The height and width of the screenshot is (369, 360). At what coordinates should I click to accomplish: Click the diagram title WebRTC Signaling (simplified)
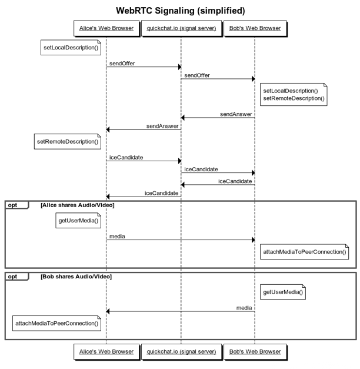(181, 11)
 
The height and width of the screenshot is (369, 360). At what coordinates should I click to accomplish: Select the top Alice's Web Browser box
(106, 28)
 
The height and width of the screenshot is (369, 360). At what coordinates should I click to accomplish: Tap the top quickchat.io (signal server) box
(181, 28)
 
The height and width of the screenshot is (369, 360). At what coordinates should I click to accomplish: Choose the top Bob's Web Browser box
(255, 28)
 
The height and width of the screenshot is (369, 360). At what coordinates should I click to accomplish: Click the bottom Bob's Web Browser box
(255, 352)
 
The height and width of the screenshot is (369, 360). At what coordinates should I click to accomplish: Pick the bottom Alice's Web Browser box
(106, 352)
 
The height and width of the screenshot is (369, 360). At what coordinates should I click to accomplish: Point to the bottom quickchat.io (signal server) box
(181, 352)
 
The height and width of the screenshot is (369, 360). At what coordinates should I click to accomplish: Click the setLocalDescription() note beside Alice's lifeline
(71, 48)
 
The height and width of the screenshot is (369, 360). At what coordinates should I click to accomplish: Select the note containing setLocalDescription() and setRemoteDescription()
(294, 94)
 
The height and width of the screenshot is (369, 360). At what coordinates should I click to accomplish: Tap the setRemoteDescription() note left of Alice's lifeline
(68, 141)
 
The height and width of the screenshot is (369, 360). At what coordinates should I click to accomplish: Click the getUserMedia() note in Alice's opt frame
(78, 221)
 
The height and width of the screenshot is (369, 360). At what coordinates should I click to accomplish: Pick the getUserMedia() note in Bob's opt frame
(283, 292)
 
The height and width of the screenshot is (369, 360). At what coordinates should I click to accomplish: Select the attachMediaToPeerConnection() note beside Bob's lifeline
(305, 252)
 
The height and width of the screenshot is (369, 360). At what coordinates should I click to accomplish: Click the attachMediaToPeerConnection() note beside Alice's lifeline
(56, 323)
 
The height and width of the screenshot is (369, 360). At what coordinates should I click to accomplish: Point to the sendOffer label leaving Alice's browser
(122, 64)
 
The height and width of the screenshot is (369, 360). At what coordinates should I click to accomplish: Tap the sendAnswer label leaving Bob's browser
(236, 114)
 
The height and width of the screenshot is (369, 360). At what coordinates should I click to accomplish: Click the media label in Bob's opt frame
(244, 308)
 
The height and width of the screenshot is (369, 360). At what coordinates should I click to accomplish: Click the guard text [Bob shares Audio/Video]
(76, 277)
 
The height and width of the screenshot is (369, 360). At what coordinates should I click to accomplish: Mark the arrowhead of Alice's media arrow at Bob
(254, 240)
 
